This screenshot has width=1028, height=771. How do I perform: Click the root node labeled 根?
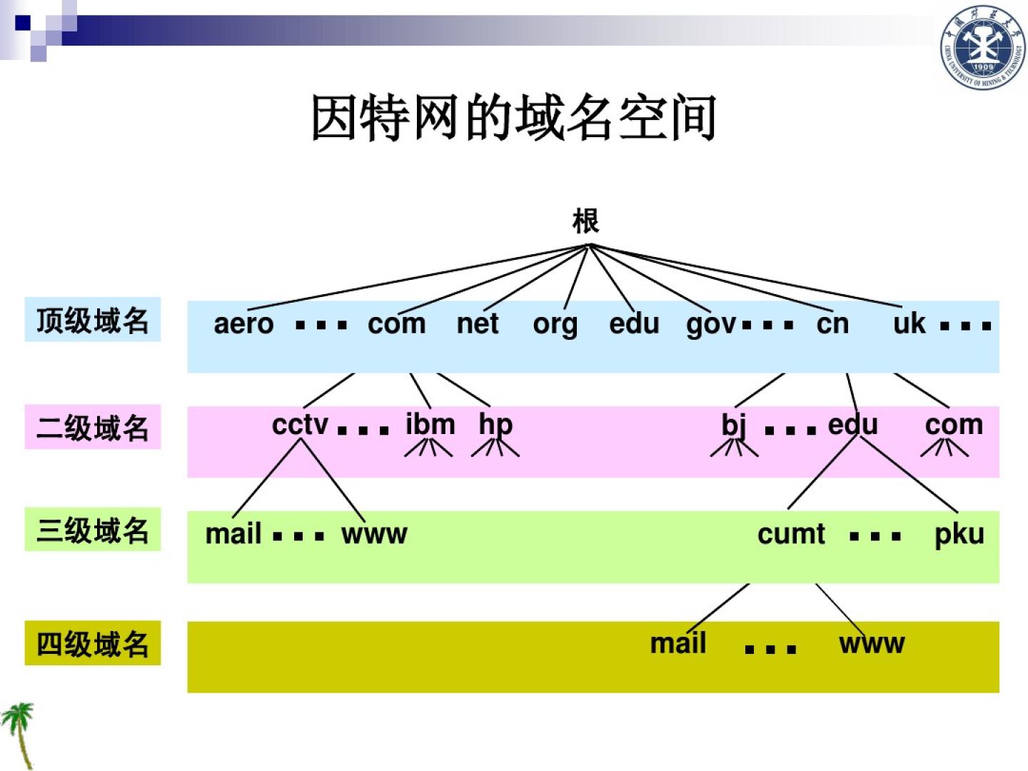point(585,221)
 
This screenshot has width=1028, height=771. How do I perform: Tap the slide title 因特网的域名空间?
point(513,118)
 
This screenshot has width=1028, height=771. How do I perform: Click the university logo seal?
point(982,48)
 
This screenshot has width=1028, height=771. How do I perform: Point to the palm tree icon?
point(19,732)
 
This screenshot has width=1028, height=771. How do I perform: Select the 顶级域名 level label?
point(93,320)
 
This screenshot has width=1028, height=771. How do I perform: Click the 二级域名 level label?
point(93,428)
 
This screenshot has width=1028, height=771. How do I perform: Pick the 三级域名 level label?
point(93,530)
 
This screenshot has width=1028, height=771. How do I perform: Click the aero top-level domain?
point(243,324)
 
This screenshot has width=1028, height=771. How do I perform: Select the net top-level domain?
point(477,324)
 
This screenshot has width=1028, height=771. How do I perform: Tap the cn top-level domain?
point(832,324)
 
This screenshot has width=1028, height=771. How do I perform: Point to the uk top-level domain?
point(909,323)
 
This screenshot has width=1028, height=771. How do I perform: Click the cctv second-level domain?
point(300,425)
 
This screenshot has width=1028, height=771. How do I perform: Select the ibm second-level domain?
point(430,424)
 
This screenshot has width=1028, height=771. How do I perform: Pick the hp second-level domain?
point(495,425)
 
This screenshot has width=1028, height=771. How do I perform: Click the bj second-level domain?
point(734,425)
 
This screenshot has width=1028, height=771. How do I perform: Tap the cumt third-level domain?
point(791,534)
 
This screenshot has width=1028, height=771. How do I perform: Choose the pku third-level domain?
point(959,534)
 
